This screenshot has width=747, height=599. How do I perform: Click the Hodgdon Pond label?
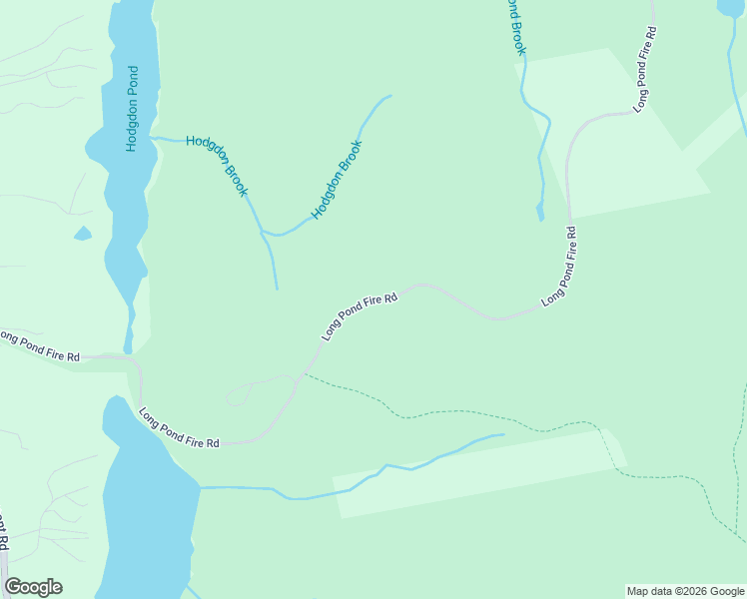[131, 109]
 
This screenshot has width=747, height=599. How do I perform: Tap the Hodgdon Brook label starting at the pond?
[216, 166]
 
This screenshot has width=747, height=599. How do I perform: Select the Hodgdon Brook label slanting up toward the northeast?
[337, 180]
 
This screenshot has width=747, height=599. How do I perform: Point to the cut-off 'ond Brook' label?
[513, 26]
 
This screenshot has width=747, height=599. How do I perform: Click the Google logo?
[33, 587]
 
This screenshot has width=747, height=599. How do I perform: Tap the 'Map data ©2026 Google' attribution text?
[685, 591]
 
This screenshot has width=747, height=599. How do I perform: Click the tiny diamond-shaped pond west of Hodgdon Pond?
[82, 234]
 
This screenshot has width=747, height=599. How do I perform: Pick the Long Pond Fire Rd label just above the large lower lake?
[179, 427]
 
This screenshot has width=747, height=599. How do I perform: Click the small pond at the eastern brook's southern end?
[540, 212]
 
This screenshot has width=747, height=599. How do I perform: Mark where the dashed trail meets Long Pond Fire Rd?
[303, 375]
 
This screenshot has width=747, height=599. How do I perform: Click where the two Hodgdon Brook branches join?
[263, 232]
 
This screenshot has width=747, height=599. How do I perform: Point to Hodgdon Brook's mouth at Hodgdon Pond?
[152, 137]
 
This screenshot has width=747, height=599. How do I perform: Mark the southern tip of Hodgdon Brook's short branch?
[277, 289]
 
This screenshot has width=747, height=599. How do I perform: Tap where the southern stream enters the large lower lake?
[200, 487]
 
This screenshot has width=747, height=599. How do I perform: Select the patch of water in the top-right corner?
[731, 7]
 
